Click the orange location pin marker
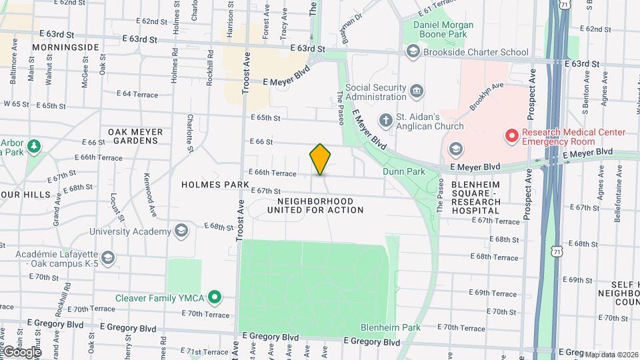pyautogui.click(x=320, y=159)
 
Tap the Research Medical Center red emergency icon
pyautogui.click(x=512, y=137)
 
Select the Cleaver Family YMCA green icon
pyautogui.click(x=214, y=297)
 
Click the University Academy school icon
pyautogui.click(x=181, y=231)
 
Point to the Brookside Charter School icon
pyautogui.click(x=413, y=52)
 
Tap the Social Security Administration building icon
pyautogui.click(x=417, y=91)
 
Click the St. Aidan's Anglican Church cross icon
pyautogui.click(x=385, y=121)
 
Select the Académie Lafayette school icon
pyautogui.click(x=108, y=257)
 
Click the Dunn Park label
pyautogui.click(x=404, y=171)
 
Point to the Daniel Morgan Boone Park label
pyautogui.click(x=443, y=31)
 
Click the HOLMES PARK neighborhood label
pyautogui.click(x=205, y=183)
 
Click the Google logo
pyautogui.click(x=21, y=351)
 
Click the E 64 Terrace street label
pyautogui.click(x=137, y=95)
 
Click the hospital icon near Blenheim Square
pyautogui.click(x=456, y=149)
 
